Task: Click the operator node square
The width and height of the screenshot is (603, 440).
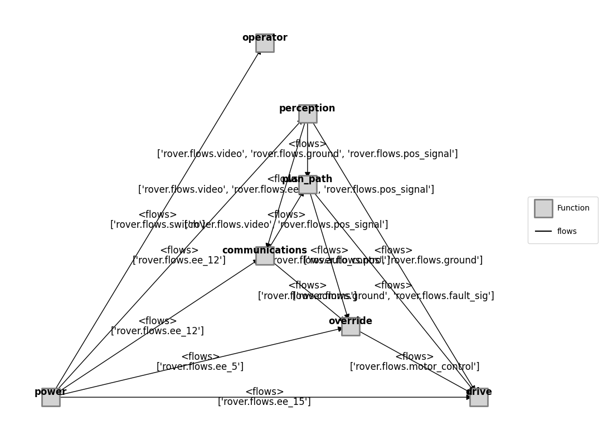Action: [265, 43]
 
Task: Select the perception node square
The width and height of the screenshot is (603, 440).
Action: [308, 114]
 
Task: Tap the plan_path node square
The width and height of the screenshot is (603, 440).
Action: [308, 185]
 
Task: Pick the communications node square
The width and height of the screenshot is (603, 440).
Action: [265, 256]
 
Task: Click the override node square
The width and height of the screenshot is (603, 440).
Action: [351, 327]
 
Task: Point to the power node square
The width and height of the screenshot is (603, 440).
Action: [51, 397]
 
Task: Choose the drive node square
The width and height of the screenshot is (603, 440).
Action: [479, 397]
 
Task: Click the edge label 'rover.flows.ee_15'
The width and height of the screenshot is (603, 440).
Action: [264, 402]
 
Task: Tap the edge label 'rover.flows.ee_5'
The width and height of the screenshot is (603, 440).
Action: [200, 366]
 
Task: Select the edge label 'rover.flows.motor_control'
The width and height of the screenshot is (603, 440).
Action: [415, 366]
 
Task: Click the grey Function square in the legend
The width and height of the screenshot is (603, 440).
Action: [543, 208]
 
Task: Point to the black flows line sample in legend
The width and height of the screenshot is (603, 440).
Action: [543, 231]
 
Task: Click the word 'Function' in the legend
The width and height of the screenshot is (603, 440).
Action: [573, 208]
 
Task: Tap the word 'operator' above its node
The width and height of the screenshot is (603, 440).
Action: [265, 37]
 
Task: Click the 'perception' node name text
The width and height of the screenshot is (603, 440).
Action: [307, 108]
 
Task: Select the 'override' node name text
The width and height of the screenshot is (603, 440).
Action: [351, 321]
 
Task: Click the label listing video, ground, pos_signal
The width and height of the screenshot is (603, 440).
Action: [307, 154]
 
